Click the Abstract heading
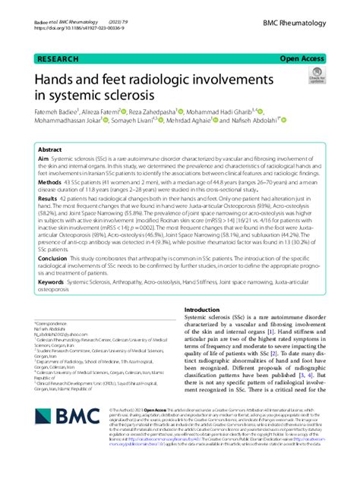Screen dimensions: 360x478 pos(51,149)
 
